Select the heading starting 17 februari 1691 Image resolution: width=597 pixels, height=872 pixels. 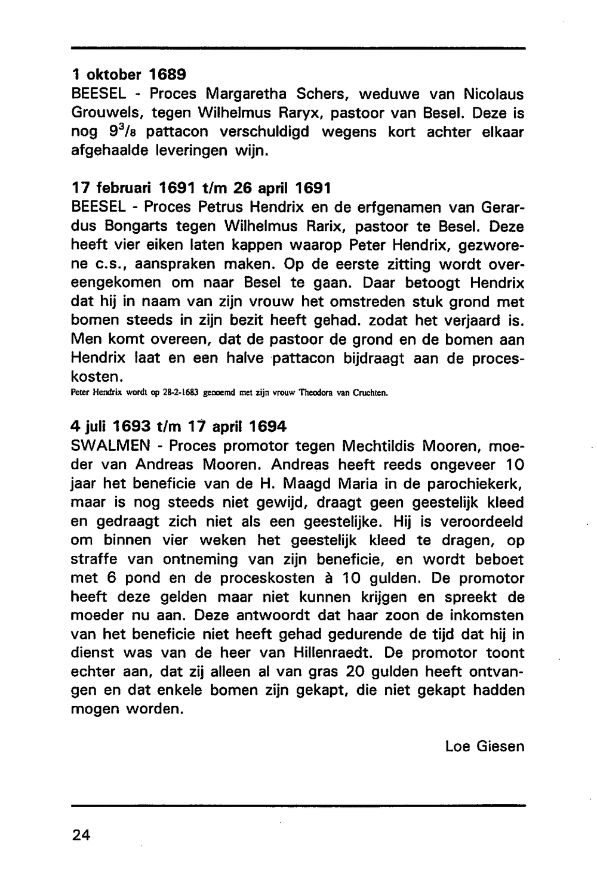pyautogui.click(x=200, y=188)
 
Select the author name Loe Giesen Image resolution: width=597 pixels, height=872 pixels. pyautogui.click(x=484, y=746)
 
